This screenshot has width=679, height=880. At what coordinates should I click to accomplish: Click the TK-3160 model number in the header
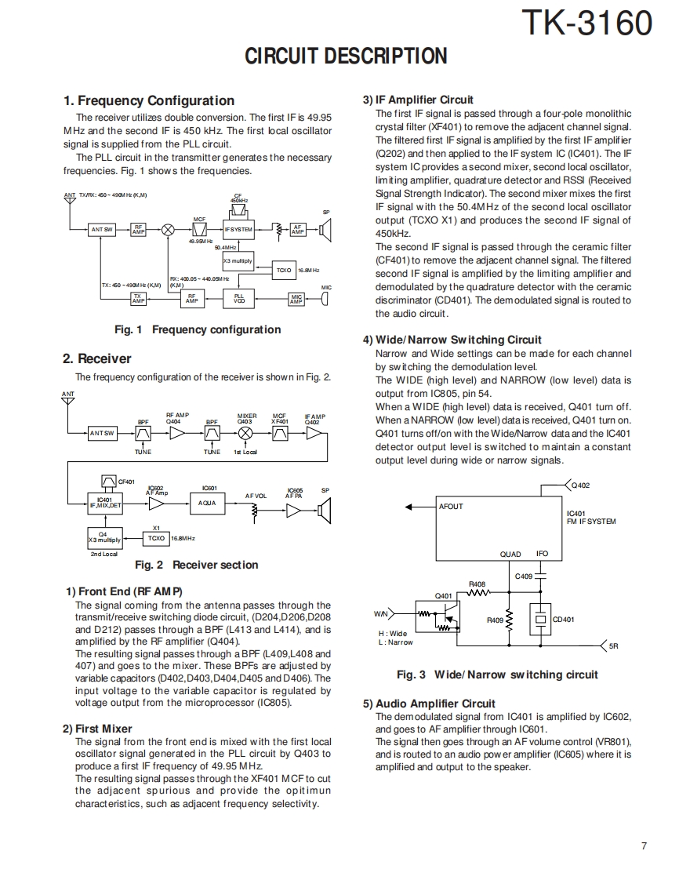pos(587,24)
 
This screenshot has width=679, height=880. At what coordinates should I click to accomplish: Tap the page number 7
pos(643,845)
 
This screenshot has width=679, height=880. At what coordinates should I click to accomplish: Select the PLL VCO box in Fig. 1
pos(239,299)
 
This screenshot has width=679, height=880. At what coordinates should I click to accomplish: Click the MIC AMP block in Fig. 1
pos(296,299)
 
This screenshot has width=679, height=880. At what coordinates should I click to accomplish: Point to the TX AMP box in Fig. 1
pos(138,299)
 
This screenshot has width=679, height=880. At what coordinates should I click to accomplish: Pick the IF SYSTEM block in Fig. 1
pos(238,229)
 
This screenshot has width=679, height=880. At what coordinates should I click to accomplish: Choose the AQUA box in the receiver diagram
pos(207,503)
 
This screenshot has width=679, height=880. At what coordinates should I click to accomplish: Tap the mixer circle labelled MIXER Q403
pos(245,433)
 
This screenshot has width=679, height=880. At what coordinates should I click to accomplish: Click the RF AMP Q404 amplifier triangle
pos(178,433)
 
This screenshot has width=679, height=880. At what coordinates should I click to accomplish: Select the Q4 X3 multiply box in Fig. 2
pos(104,538)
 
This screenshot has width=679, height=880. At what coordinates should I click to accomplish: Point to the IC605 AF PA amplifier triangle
pos(294,511)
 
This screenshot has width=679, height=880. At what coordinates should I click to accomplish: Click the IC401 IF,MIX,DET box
pos(104,503)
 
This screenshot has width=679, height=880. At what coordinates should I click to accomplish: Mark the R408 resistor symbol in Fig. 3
pos(477,593)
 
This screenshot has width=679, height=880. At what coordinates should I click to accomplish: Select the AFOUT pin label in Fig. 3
pos(451,507)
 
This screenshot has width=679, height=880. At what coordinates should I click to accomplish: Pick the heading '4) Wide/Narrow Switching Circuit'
pos(452,340)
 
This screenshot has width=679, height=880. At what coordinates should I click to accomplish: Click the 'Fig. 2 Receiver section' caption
pos(196,565)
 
